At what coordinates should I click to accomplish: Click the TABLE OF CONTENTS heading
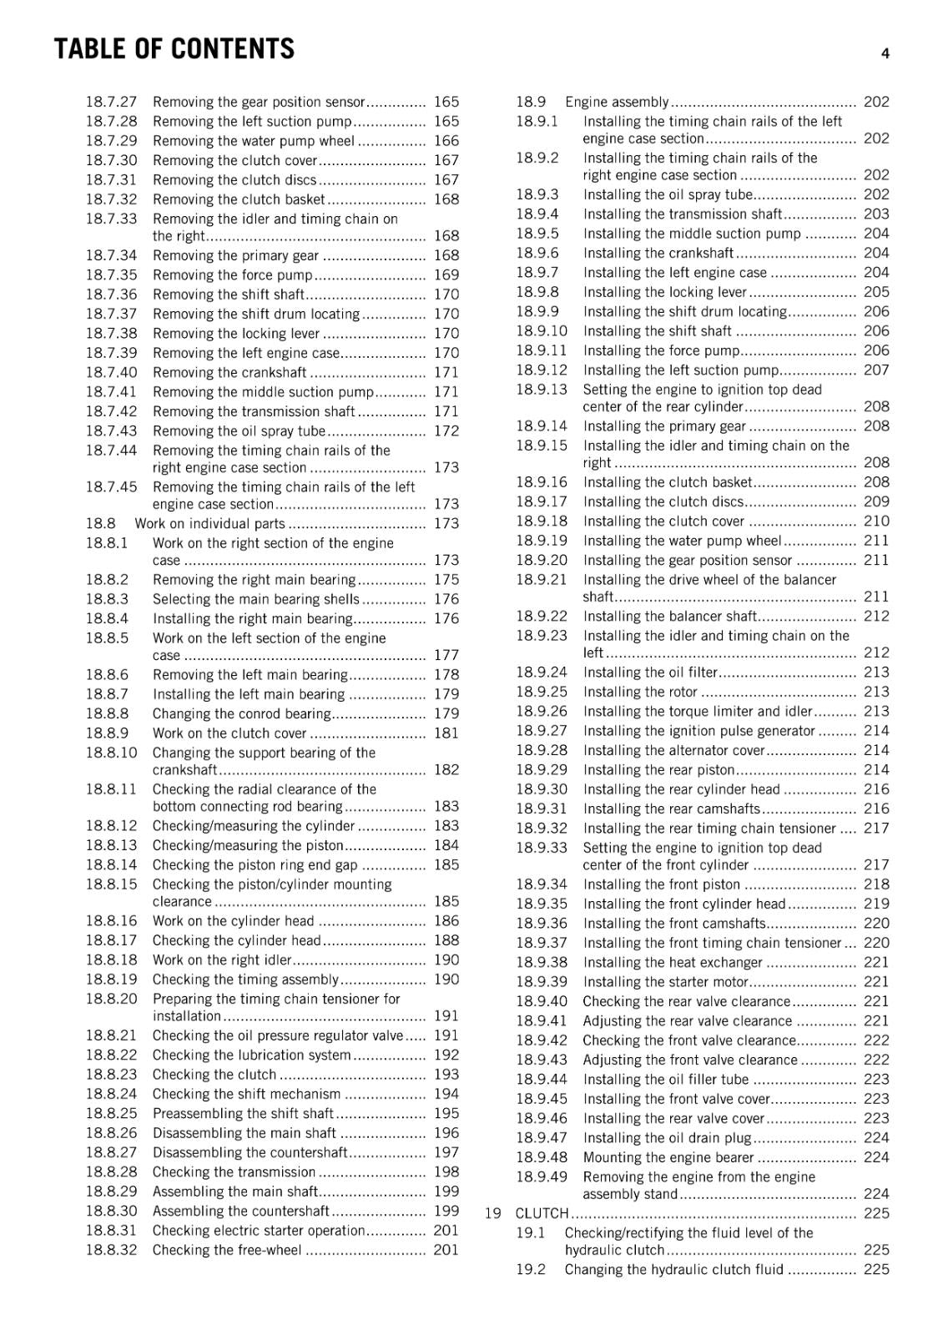(174, 49)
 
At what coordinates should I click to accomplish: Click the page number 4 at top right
(885, 53)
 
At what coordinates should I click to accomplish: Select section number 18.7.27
(111, 102)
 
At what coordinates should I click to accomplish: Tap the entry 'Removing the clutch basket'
(239, 199)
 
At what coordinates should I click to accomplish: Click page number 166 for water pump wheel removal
(446, 141)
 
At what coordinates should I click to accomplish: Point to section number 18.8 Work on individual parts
(100, 523)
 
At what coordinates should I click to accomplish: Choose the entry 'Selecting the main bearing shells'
(255, 599)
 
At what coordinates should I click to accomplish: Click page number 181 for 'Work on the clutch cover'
(446, 733)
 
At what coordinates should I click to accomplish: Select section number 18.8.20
(111, 999)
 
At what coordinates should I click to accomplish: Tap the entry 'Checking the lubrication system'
(251, 1055)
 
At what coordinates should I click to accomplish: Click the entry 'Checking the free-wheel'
(227, 1250)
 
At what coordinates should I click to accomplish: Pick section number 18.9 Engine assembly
(531, 102)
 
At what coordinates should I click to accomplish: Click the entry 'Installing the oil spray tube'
(668, 194)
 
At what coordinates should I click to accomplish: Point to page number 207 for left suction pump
(876, 370)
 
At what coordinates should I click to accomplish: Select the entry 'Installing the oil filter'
(650, 673)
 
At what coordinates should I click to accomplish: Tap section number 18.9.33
(541, 848)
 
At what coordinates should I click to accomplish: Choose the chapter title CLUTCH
(542, 1213)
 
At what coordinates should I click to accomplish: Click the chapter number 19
(492, 1213)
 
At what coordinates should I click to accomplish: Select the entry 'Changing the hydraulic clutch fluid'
(673, 1269)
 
